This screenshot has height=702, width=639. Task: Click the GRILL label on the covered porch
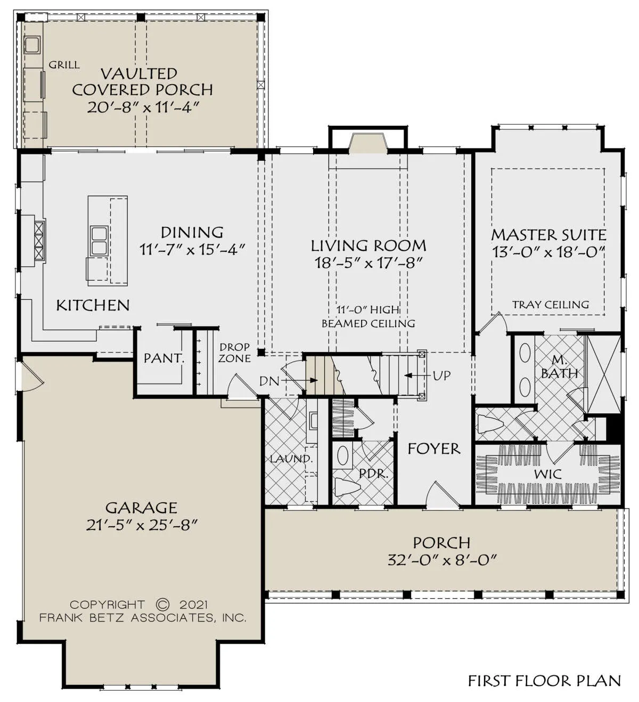64,65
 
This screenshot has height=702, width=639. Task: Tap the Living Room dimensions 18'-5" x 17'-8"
368,263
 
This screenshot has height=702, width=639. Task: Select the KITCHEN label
93,306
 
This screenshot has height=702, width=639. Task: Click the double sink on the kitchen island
99,241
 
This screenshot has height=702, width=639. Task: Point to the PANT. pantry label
164,358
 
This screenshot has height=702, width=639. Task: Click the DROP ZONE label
235,353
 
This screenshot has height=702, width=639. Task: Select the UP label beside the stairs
441,376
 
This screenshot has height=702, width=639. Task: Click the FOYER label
434,448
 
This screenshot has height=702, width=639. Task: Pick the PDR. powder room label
374,474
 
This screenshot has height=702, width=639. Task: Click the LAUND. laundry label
291,459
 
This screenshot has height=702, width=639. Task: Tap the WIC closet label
547,475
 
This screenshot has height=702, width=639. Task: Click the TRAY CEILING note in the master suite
551,305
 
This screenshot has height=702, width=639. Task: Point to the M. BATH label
559,367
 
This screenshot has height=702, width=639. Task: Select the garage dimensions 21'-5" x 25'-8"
142,525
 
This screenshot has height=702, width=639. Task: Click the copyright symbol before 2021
162,605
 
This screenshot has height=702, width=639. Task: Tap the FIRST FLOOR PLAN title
545,681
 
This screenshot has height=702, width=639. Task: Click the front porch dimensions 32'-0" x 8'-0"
442,560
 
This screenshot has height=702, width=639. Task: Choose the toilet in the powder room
348,487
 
